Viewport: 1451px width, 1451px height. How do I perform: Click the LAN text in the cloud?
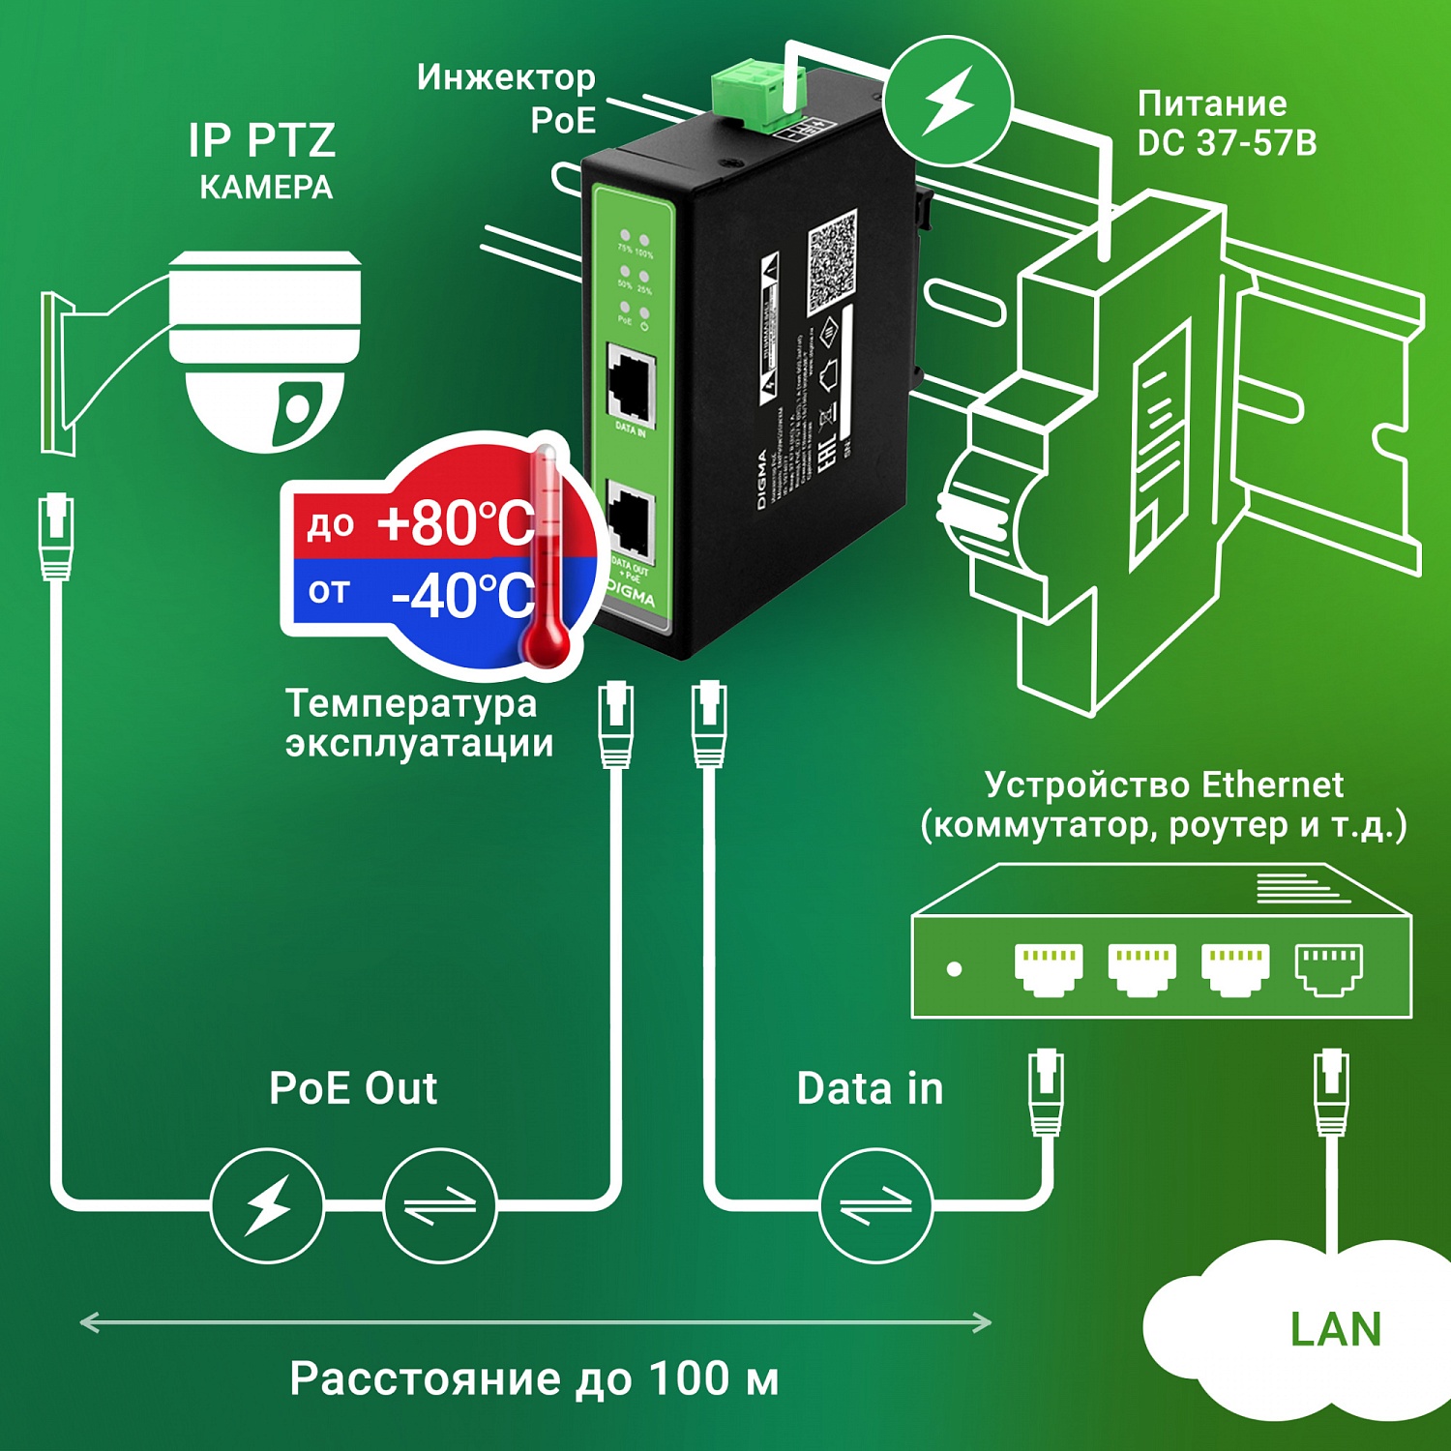point(1335,1329)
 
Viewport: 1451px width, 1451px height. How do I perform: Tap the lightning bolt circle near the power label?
point(948,101)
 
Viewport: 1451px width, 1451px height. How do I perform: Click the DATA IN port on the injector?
point(631,384)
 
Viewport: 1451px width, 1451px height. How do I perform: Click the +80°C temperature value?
point(455,523)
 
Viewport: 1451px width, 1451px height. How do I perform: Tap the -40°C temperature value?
point(462,595)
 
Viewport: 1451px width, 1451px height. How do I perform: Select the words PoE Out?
point(353,1088)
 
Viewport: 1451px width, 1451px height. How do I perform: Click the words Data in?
point(870,1088)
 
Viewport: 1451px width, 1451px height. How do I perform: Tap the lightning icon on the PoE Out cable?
point(267,1205)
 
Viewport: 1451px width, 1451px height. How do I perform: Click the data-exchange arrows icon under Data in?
point(875,1205)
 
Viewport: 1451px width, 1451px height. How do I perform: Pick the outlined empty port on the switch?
point(1329,968)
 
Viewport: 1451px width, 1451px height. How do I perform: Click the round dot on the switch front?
point(954,968)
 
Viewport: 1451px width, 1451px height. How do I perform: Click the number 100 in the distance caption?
point(688,1377)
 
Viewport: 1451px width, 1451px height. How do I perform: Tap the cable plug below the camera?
point(56,537)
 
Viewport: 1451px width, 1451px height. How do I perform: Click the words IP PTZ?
point(262,140)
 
